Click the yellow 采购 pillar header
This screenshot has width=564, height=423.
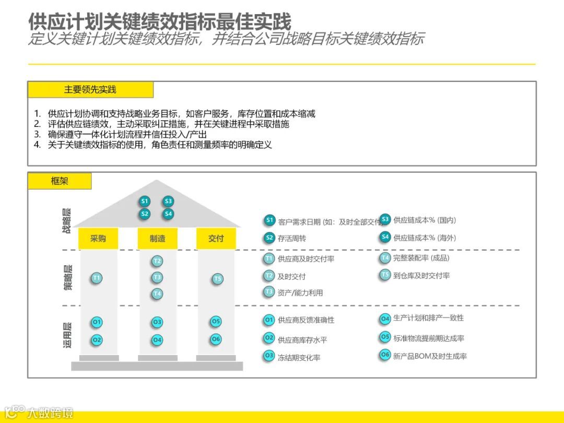[x=98, y=238]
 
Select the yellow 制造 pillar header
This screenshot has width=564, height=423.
[x=157, y=238]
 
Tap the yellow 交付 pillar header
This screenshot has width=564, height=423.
[x=216, y=238]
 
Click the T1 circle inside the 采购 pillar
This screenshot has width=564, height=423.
[x=96, y=278]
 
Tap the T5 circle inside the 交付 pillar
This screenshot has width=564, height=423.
[x=218, y=279]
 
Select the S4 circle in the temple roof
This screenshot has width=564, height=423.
[x=168, y=214]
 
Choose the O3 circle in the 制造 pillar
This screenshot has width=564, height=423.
[x=157, y=322]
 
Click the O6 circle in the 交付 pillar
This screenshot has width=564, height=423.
[x=216, y=339]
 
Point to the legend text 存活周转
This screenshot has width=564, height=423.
[x=292, y=238]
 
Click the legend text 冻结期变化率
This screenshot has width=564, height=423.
[x=299, y=358]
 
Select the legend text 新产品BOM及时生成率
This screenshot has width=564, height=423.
[x=430, y=356]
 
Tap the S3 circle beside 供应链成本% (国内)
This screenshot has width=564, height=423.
[x=385, y=219]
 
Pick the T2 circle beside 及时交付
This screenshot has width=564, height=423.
[x=269, y=276]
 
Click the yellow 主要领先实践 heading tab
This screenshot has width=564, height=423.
[x=90, y=89]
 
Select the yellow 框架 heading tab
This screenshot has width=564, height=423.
[x=60, y=181]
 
